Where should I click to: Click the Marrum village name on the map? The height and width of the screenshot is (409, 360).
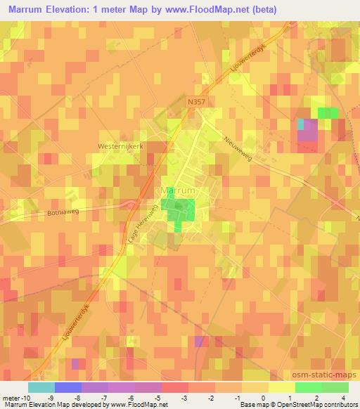(177, 190)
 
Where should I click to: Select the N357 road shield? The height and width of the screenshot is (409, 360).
(198, 102)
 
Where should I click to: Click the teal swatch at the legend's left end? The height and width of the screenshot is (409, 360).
(41, 387)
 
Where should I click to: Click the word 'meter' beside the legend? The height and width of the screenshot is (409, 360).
(12, 397)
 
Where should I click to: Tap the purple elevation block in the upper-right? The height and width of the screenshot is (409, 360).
(307, 131)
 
